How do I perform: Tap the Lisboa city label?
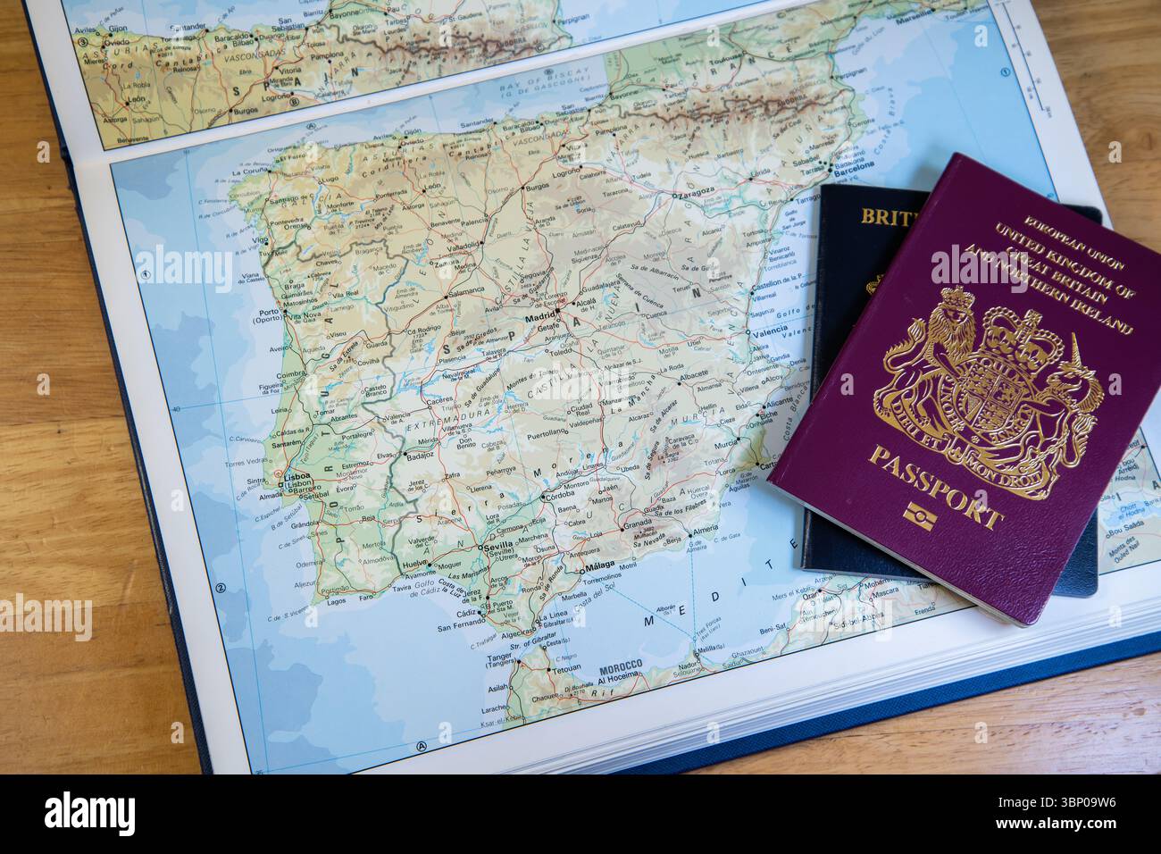point(297,477)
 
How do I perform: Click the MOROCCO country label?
point(622,666)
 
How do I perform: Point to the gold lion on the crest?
point(938,348)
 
